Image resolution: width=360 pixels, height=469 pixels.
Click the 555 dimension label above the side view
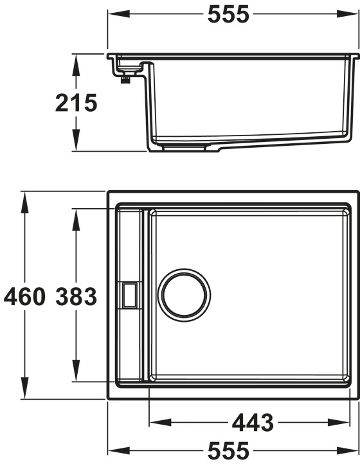228,14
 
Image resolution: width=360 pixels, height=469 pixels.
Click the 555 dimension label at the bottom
228,451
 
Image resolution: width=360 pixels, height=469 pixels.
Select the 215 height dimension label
76,103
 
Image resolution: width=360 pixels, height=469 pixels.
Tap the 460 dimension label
24,296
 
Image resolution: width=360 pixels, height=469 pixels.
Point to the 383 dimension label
76,296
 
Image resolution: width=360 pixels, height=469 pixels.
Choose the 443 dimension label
253,423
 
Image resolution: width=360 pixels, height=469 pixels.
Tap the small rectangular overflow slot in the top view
129,296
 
